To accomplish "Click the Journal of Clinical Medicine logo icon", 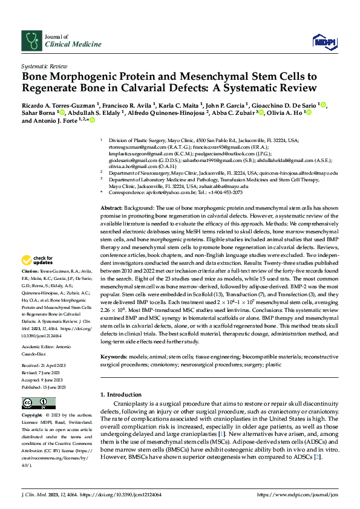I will coord(30,41).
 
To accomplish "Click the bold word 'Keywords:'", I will coord(115,357).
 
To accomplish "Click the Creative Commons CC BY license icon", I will coord(39,403).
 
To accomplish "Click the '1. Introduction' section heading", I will coord(121,395).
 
